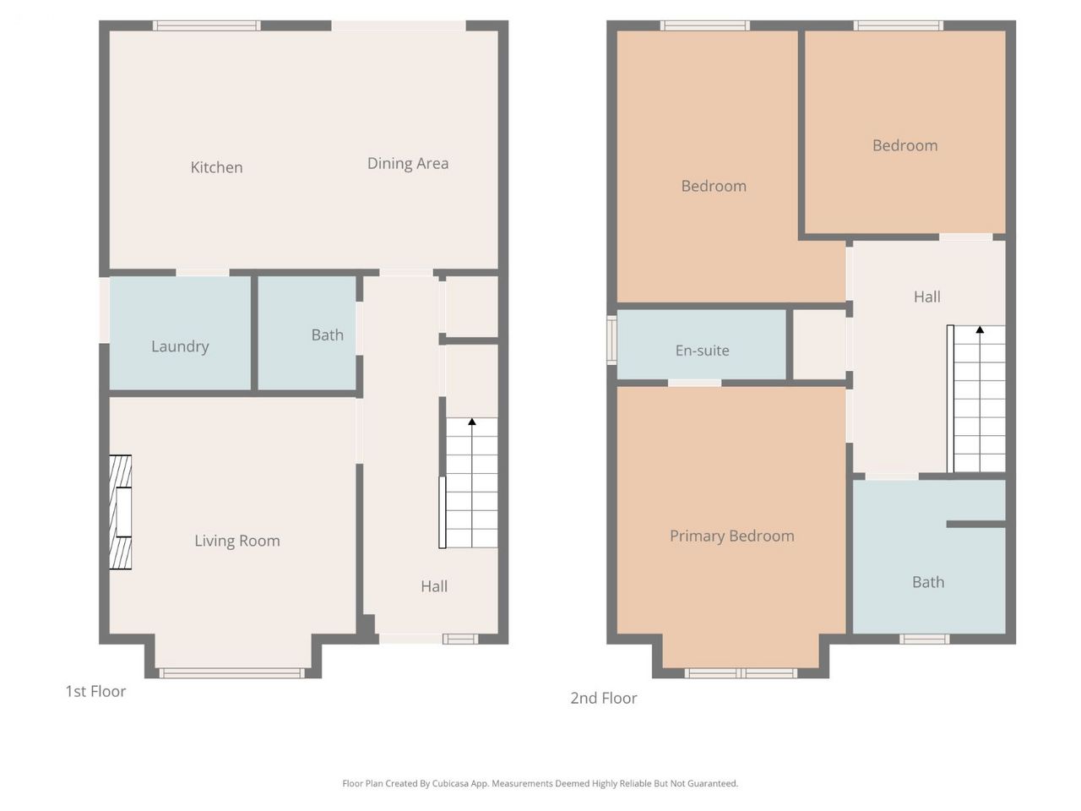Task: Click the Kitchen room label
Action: [216, 167]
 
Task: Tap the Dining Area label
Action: [408, 164]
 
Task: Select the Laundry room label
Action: [180, 346]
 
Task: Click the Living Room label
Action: [236, 541]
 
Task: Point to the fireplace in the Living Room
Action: [120, 512]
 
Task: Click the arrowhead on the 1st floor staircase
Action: [472, 422]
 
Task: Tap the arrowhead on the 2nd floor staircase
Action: [980, 329]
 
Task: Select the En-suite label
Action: [702, 351]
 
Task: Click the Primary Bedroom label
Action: [732, 536]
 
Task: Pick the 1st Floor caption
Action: [95, 691]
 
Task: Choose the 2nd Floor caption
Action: [603, 698]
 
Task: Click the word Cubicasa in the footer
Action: [450, 783]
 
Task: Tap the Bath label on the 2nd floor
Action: [928, 582]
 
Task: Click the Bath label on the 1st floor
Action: [327, 335]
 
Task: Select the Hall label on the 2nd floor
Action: [926, 297]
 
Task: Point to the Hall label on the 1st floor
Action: [434, 586]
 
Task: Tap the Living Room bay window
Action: [231, 673]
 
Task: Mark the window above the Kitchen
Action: [206, 25]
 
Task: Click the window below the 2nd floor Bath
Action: [925, 640]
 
